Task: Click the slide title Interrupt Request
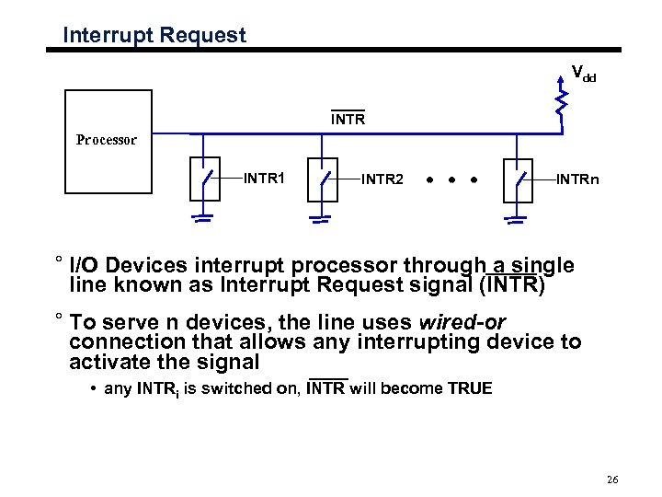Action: (154, 36)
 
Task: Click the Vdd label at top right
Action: (584, 74)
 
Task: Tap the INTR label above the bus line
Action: (348, 120)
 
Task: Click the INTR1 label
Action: (263, 177)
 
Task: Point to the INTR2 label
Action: (382, 179)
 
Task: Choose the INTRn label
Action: (577, 179)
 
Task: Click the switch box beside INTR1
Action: (208, 179)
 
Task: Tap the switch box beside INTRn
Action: (519, 179)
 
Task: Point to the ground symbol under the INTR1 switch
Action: (203, 219)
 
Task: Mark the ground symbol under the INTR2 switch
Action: (319, 219)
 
